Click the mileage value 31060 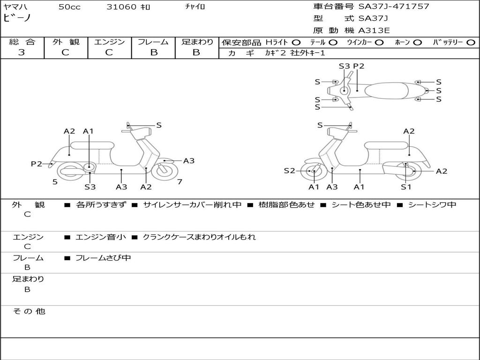(121, 7)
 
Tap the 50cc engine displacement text (69, 7)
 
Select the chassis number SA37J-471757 (394, 7)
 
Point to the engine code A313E (374, 31)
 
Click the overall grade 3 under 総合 (22, 52)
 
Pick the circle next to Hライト (296, 42)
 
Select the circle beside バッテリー (471, 42)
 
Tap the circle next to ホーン (418, 42)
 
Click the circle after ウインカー (379, 42)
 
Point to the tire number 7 (180, 182)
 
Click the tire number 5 (55, 182)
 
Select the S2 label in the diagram (290, 171)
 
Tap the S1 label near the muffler (406, 187)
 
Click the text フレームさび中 (103, 258)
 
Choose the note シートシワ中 (432, 205)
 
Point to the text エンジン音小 (101, 237)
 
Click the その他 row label (29, 311)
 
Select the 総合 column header (22, 42)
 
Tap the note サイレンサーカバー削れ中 (192, 205)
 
